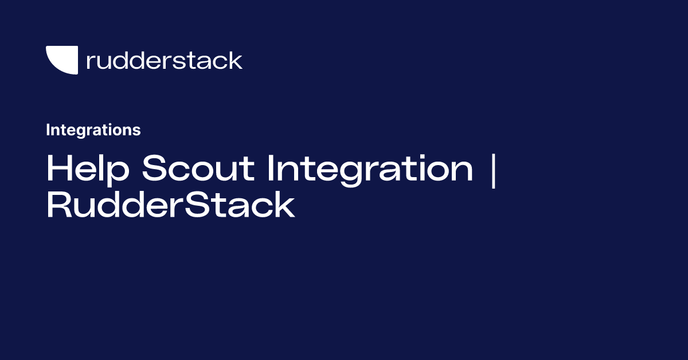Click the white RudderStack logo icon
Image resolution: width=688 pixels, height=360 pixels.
coord(61,60)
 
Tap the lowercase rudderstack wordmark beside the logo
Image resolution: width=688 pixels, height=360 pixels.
coord(164,60)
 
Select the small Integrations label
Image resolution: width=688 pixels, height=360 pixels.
coord(93,130)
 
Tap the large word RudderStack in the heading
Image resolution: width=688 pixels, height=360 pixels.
coord(170,206)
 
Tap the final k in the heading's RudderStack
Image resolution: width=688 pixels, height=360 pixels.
coord(284,206)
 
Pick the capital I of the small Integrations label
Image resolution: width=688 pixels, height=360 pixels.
coord(48,130)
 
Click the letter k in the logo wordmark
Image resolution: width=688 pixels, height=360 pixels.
coord(234,60)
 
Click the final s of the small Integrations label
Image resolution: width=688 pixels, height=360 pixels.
coord(137,131)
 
